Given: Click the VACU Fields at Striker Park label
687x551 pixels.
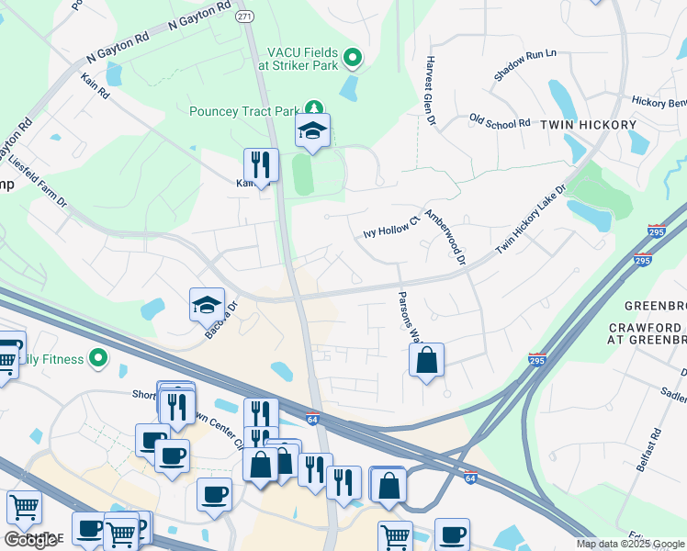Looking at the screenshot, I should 302,60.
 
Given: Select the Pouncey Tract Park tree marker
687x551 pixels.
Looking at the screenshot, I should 314,111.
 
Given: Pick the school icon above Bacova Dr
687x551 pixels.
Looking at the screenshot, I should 207,306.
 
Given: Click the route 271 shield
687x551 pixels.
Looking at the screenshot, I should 244,17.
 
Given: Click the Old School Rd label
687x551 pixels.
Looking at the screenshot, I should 500,121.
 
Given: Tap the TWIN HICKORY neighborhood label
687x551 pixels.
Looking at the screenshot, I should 588,124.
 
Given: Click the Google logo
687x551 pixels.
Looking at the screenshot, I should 30,539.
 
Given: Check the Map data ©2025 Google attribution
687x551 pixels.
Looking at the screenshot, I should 630,544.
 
